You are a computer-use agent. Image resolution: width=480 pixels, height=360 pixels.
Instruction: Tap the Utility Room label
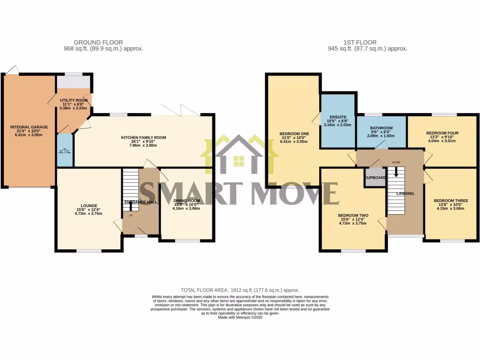pos(74,100)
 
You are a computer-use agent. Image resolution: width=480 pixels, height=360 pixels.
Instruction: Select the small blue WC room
pos(65,151)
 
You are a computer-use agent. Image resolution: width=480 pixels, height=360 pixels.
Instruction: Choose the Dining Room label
pos(187,201)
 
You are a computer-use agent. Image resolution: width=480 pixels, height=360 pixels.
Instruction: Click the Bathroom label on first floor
pos(381,127)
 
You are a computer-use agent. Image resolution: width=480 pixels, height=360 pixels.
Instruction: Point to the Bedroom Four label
pos(442,133)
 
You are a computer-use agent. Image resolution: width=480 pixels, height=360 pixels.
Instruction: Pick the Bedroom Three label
pos(450,201)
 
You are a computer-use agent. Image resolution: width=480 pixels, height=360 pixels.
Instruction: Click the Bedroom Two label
pos(353,216)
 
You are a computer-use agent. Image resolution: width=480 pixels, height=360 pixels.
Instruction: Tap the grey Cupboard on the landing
pos(375,178)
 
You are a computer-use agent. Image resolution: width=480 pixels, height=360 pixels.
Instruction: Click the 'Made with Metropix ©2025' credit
pos(240,317)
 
